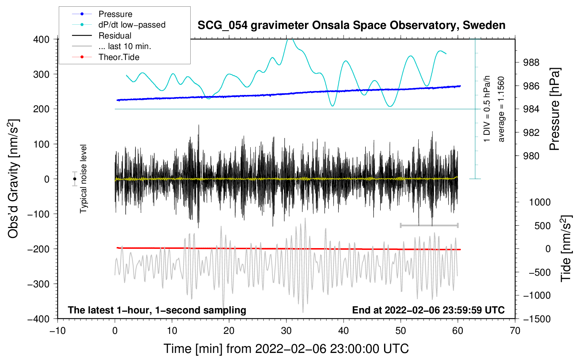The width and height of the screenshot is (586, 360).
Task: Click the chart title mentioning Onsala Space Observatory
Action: (351, 25)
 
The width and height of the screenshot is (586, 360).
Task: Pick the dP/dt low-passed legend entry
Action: (132, 25)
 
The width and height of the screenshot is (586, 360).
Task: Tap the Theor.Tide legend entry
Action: (119, 57)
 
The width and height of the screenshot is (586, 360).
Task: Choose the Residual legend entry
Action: (115, 36)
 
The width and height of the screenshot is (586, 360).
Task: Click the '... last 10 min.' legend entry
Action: (125, 46)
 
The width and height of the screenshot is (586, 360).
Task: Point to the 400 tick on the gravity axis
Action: (41, 39)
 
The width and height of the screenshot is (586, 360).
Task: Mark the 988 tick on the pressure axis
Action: (531, 62)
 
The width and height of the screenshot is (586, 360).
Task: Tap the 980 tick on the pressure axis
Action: (531, 156)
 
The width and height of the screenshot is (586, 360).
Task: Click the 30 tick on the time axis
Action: (286, 331)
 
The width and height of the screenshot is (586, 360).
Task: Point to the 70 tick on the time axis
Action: (515, 331)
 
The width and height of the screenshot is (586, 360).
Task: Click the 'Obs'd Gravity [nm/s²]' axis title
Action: (13, 179)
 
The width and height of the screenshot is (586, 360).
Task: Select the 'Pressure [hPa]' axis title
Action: (555, 109)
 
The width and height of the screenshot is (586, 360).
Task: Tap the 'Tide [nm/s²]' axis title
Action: (566, 248)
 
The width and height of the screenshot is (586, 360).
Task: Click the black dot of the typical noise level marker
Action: (74, 179)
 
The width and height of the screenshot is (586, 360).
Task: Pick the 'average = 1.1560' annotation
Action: (501, 109)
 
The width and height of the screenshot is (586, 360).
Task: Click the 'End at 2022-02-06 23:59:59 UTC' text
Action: (428, 310)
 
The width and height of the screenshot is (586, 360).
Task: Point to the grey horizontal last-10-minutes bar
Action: (429, 225)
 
